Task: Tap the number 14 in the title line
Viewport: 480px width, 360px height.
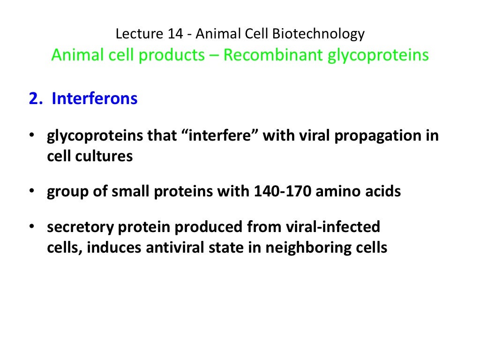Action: [x=172, y=34]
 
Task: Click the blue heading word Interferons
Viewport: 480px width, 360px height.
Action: [x=95, y=99]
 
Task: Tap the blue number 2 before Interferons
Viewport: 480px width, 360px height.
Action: [x=32, y=99]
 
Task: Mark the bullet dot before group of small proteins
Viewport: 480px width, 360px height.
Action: [x=31, y=191]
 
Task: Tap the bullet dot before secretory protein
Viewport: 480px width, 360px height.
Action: [x=31, y=227]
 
